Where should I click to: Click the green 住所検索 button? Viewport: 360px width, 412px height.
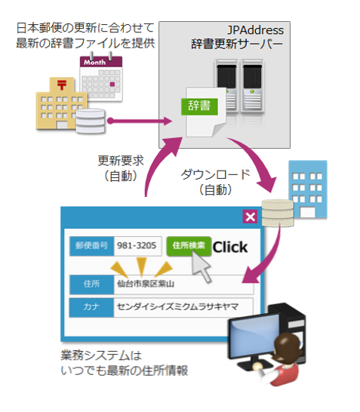(x=189, y=246)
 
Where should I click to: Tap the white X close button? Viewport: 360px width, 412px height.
(x=250, y=217)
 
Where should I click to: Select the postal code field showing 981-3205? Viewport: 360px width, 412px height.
(x=137, y=246)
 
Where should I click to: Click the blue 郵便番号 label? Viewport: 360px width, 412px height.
(x=91, y=246)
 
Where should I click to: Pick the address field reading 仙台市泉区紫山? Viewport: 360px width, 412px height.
(x=183, y=284)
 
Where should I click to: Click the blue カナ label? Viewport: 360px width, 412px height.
(x=91, y=307)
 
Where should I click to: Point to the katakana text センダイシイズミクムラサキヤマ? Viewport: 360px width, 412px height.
(x=177, y=307)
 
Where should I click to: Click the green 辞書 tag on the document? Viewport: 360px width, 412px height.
(x=199, y=106)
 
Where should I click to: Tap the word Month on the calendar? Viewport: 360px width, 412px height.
(x=94, y=63)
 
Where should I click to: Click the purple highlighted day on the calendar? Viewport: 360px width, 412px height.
(x=112, y=85)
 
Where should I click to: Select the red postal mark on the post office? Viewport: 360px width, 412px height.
(x=62, y=85)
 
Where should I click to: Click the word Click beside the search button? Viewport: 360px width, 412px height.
(x=230, y=247)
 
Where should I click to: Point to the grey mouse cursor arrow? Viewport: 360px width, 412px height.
(x=200, y=266)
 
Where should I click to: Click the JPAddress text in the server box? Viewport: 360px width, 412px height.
(x=255, y=30)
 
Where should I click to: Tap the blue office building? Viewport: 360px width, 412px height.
(x=308, y=189)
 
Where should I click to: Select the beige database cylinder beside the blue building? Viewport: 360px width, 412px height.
(x=278, y=213)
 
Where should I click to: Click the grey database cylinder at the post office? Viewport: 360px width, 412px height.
(x=91, y=121)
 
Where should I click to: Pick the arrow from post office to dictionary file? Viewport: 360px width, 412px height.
(x=140, y=121)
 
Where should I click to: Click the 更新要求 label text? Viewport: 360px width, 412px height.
(x=121, y=161)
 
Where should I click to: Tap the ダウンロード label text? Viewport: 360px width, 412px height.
(x=216, y=174)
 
